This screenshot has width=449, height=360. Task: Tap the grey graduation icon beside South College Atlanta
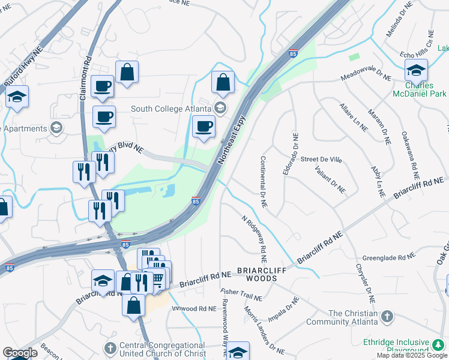[220, 108]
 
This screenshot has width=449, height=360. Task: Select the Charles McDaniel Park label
[420, 89]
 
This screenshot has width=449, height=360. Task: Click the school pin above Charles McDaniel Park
[416, 71]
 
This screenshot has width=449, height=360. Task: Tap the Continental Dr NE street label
[263, 182]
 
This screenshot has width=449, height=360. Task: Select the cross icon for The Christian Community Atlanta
[388, 316]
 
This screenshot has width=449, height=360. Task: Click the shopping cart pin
[157, 278]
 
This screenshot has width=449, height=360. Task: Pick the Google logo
[20, 353]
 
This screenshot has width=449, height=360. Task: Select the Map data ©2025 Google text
[411, 355]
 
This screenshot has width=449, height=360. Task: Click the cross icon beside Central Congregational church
[110, 349]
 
